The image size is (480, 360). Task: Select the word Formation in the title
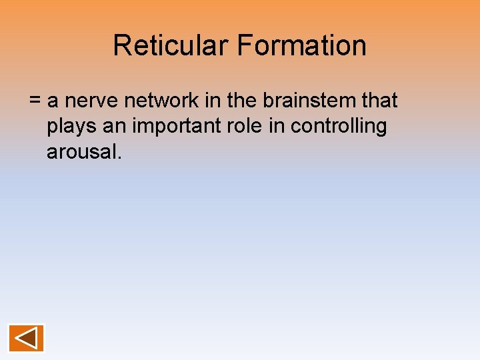point(301,46)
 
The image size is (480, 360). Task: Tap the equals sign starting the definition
point(35,101)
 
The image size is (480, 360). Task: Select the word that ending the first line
point(379,101)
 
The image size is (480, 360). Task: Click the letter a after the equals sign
point(53,102)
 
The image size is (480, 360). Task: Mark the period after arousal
point(120,158)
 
